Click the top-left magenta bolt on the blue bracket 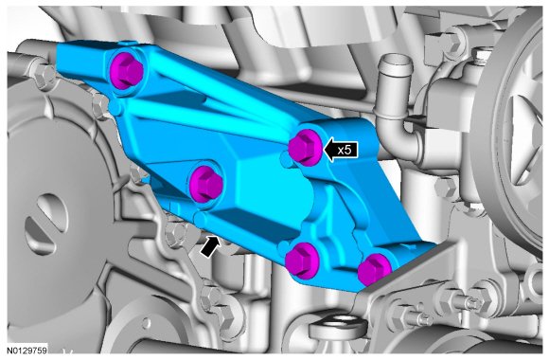click(126, 71)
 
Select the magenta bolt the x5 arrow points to click(306, 148)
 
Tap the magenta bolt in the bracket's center click(206, 184)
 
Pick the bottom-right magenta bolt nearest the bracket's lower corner click(374, 269)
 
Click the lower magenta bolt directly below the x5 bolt click(301, 261)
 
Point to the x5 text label click(345, 150)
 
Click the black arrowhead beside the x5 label click(330, 150)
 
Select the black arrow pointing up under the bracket click(211, 246)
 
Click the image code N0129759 click(27, 350)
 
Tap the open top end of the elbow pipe click(397, 62)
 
